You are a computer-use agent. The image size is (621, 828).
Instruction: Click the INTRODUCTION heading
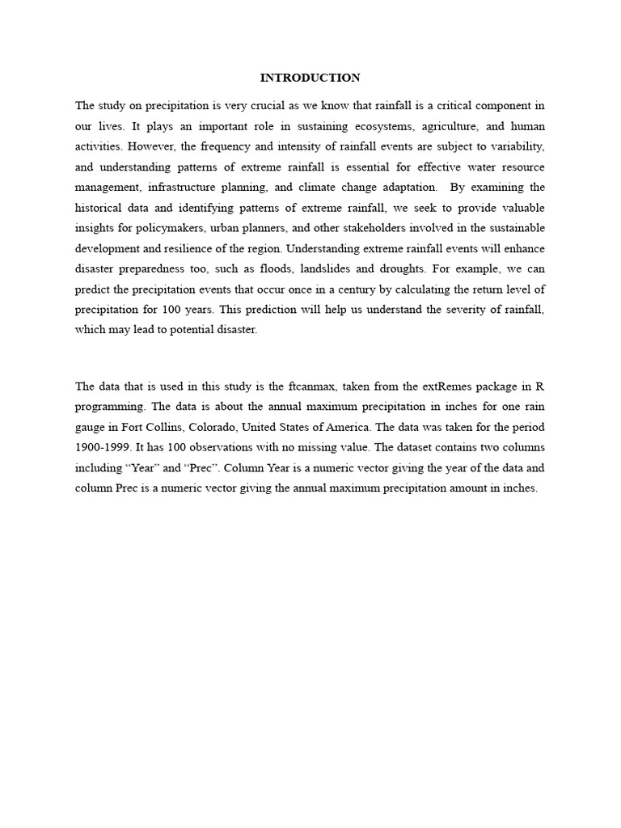coord(310,78)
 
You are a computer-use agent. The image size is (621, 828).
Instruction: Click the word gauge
coord(91,426)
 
